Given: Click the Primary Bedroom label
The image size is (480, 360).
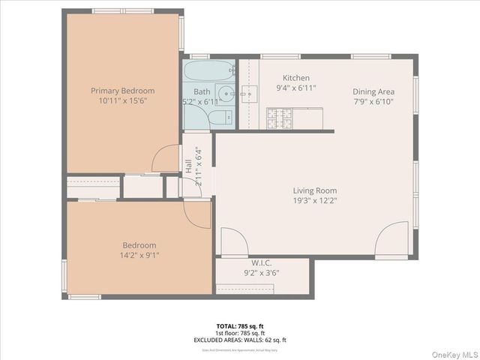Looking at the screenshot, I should (x=121, y=90).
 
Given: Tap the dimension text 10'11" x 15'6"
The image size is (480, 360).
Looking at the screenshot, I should (x=121, y=100).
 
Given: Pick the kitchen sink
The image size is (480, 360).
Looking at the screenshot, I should (x=251, y=92).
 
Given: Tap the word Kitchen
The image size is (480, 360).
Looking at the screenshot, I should (x=295, y=78).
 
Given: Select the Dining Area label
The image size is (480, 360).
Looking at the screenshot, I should (x=373, y=91).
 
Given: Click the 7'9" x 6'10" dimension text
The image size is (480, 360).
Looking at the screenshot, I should (x=373, y=102).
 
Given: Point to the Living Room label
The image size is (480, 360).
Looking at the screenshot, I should (x=314, y=190).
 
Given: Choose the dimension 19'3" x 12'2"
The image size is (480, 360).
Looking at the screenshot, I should (x=314, y=201).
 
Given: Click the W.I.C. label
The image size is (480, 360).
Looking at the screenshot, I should (x=261, y=262).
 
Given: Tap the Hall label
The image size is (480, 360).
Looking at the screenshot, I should (x=187, y=166).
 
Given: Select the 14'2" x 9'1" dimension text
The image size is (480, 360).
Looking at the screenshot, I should (x=139, y=255).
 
